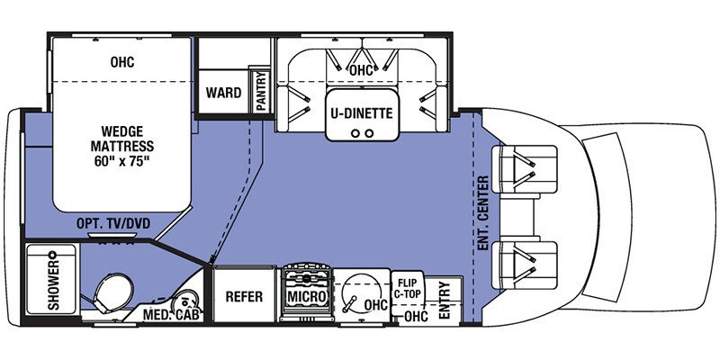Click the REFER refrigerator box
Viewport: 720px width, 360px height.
(243, 297)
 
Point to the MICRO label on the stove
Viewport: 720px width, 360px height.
(305, 297)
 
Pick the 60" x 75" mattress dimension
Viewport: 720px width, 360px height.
(122, 163)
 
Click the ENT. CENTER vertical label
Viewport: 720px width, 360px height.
(483, 212)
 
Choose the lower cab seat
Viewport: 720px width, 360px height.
(525, 262)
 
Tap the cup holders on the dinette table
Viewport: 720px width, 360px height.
(362, 132)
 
